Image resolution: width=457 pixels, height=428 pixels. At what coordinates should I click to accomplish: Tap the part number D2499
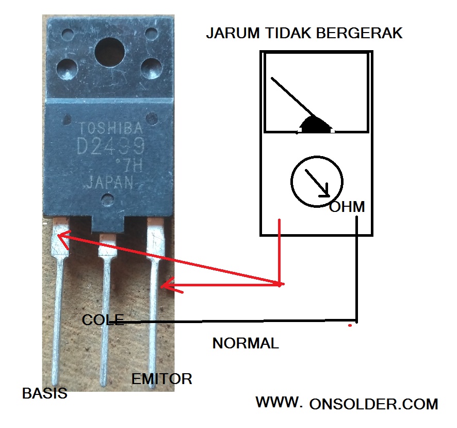tap(110, 148)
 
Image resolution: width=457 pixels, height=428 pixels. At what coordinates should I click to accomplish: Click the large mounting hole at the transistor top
tap(110, 52)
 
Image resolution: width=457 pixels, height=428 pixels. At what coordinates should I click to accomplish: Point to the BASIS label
tap(45, 393)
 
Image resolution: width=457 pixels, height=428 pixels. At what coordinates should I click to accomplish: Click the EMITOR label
tap(161, 379)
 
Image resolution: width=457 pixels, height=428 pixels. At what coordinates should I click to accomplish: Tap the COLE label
tap(103, 320)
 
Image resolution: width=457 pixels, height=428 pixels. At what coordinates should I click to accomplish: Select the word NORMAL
tap(246, 343)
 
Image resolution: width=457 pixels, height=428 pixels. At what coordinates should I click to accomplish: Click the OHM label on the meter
tap(347, 207)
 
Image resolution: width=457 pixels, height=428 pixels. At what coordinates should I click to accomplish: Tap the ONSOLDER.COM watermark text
tap(374, 404)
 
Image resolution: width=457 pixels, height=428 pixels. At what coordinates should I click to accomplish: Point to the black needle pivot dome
tap(316, 125)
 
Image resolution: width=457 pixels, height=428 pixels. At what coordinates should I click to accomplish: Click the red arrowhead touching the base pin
tap(62, 238)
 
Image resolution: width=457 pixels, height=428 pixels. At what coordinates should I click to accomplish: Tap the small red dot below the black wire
tap(350, 326)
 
